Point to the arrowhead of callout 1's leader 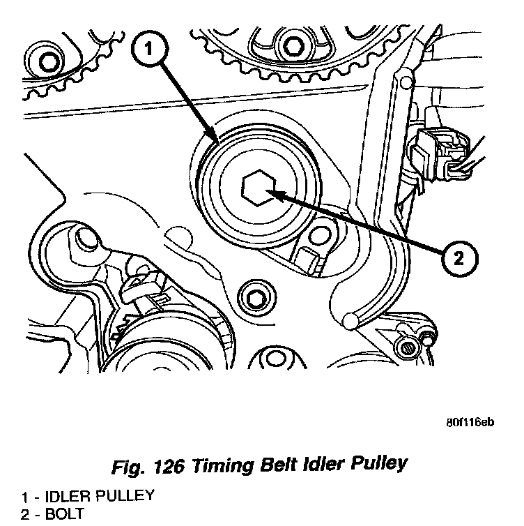click(x=217, y=142)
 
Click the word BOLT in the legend click(x=63, y=514)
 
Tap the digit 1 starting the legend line click(x=24, y=497)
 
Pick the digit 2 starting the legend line click(x=24, y=514)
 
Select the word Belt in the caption click(x=283, y=465)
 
